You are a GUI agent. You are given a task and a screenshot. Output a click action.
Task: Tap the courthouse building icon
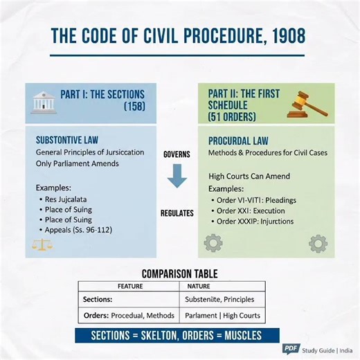[x=44, y=101]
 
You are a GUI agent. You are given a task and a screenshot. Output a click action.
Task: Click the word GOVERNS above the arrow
[x=177, y=154]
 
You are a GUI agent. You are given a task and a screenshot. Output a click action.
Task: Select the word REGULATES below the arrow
[x=177, y=213]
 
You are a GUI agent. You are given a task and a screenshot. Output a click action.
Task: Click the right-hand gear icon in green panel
[x=317, y=244]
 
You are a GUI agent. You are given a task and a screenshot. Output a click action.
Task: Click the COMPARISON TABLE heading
[x=180, y=273]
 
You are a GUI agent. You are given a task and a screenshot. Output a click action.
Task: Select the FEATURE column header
[x=130, y=285]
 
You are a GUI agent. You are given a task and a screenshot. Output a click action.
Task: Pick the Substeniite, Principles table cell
[x=219, y=300]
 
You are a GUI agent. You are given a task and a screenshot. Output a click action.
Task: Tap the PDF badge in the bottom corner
[x=290, y=348]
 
